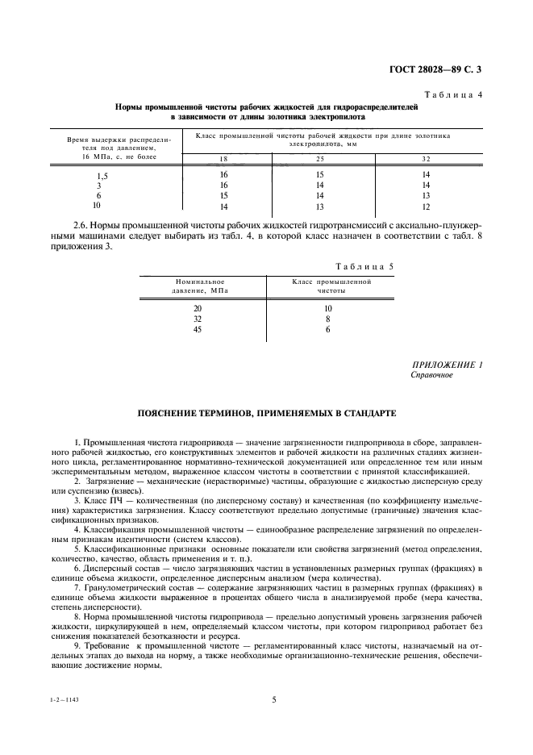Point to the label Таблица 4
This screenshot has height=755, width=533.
pyautogui.click(x=457, y=95)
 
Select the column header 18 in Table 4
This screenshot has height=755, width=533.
pyautogui.click(x=224, y=157)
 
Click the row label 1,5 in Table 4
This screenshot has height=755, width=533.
pyautogui.click(x=102, y=175)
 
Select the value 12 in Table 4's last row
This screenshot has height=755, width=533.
pyautogui.click(x=426, y=206)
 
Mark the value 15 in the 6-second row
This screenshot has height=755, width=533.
pyautogui.click(x=224, y=196)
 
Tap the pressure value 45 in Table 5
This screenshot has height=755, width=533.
pyautogui.click(x=198, y=330)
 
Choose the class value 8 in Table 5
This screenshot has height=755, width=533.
pyautogui.click(x=328, y=319)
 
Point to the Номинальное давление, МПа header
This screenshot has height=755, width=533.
pyautogui.click(x=199, y=286)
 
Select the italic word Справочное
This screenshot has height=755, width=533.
pyautogui.click(x=431, y=375)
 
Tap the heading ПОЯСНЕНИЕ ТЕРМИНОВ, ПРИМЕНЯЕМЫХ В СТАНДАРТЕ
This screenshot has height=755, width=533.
pyautogui.click(x=266, y=413)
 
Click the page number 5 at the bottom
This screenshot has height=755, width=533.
pyautogui.click(x=273, y=699)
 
